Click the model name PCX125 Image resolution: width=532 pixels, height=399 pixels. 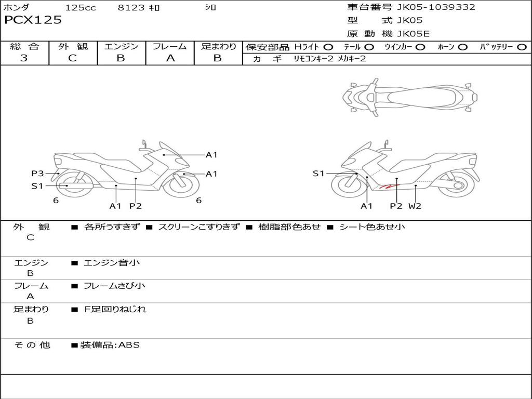tap(33, 20)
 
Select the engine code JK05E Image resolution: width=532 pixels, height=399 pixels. tap(413, 34)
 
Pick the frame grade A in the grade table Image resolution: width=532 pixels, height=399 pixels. tap(170, 58)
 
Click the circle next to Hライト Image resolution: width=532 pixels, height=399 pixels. tap(328, 47)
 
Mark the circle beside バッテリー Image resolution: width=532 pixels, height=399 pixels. tap(522, 47)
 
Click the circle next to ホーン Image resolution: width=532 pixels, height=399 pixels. tap(462, 47)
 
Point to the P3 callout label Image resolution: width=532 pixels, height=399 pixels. tap(37, 174)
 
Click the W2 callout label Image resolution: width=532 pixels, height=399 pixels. tap(415, 206)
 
